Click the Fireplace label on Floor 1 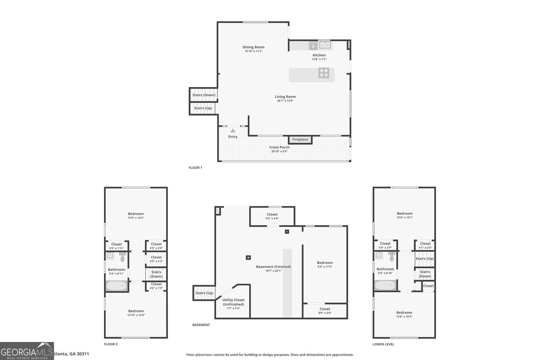[300, 139]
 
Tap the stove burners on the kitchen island [324, 73]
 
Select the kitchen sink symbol [325, 45]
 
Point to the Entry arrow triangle [233, 131]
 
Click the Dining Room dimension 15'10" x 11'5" [253, 51]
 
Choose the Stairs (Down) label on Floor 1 [204, 95]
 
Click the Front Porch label [279, 147]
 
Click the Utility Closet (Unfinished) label [233, 302]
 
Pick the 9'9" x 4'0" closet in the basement [272, 216]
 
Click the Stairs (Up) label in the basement [204, 293]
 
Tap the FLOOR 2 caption [111, 344]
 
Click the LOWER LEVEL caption [383, 344]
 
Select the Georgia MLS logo [27, 351]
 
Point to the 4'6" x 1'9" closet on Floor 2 [156, 286]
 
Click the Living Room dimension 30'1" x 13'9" [285, 101]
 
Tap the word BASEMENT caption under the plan [201, 325]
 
